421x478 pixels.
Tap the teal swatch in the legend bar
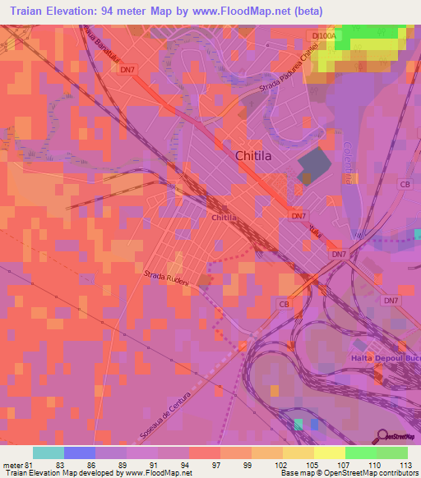click(49, 453)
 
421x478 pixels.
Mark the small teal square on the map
click(298, 424)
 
